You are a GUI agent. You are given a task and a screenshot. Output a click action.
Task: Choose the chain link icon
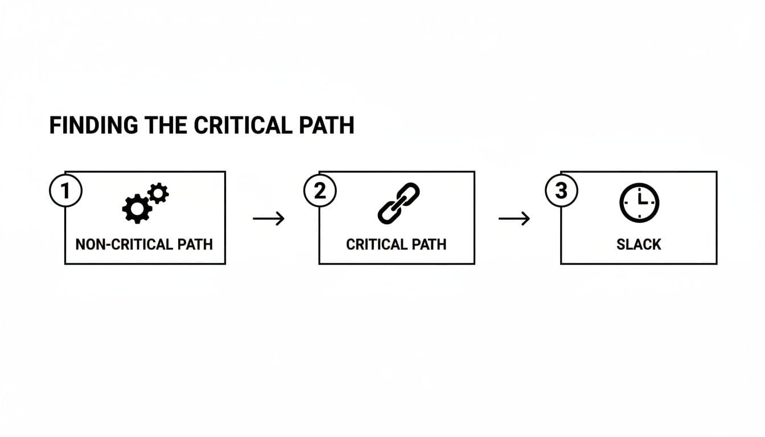(x=398, y=203)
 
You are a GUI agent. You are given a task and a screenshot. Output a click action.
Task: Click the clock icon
(x=638, y=203)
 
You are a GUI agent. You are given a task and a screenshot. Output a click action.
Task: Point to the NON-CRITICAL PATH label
(x=144, y=245)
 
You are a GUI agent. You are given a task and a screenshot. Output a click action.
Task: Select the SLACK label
(x=639, y=245)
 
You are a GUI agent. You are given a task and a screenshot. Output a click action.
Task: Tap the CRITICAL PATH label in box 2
(x=396, y=245)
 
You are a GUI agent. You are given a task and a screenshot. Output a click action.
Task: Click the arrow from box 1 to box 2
(x=268, y=218)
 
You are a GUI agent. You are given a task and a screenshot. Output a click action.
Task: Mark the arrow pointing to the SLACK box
(x=514, y=218)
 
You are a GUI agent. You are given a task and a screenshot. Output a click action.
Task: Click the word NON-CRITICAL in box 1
(x=123, y=245)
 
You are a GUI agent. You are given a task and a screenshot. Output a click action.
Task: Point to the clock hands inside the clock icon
(x=640, y=200)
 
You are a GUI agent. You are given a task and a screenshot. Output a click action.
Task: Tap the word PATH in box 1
(x=194, y=245)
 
